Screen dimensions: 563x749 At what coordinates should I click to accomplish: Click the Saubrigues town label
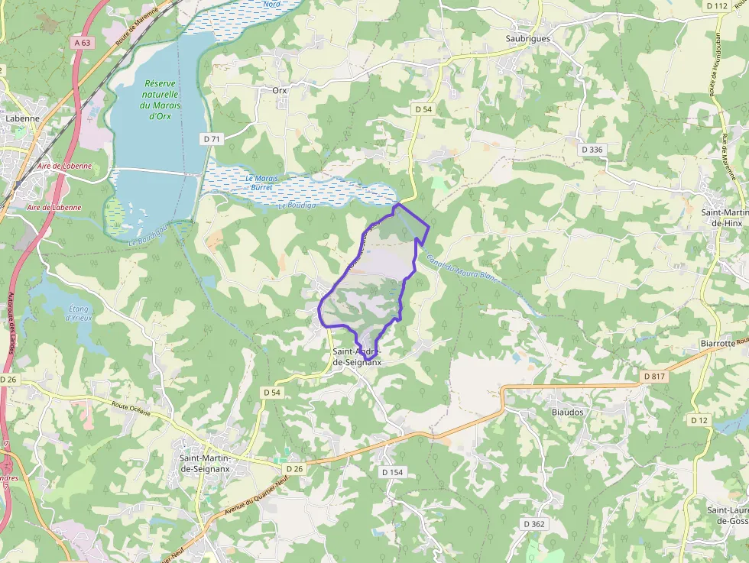[x=528, y=38]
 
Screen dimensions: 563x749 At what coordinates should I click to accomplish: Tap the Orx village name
[x=280, y=89]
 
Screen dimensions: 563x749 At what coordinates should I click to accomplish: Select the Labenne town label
[x=22, y=119]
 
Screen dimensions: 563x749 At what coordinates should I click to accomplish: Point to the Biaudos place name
[x=567, y=412]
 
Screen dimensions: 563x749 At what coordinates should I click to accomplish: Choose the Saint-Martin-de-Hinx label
[x=725, y=217]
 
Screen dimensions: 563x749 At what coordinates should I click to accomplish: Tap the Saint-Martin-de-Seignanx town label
[x=206, y=463]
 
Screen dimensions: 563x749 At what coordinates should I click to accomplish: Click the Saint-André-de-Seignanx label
[x=356, y=358]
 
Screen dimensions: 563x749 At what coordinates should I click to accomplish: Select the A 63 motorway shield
[x=83, y=43]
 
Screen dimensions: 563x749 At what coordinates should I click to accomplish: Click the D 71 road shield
[x=212, y=139]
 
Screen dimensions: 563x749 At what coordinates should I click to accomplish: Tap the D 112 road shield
[x=717, y=5]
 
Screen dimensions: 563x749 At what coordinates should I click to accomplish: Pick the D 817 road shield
[x=654, y=377]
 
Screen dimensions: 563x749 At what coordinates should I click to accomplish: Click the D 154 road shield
[x=391, y=473]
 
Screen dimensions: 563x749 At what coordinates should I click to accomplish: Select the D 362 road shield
[x=534, y=524]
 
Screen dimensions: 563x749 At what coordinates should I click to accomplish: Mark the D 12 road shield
[x=699, y=420]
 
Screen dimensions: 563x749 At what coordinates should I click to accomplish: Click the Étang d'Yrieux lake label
[x=79, y=313]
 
